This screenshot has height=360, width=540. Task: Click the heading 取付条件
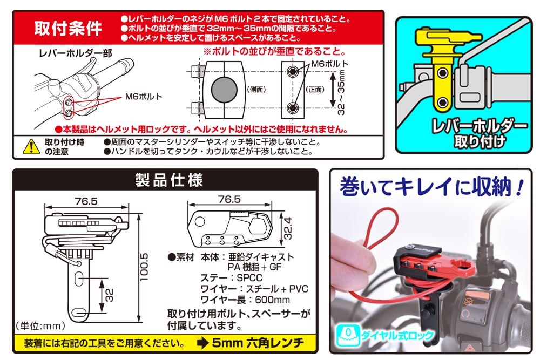pos(68,28)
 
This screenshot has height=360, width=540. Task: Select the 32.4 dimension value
pos(288,229)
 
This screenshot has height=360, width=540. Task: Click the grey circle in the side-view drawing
pos(223,89)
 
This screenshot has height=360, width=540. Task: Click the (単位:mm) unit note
pos(40,325)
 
